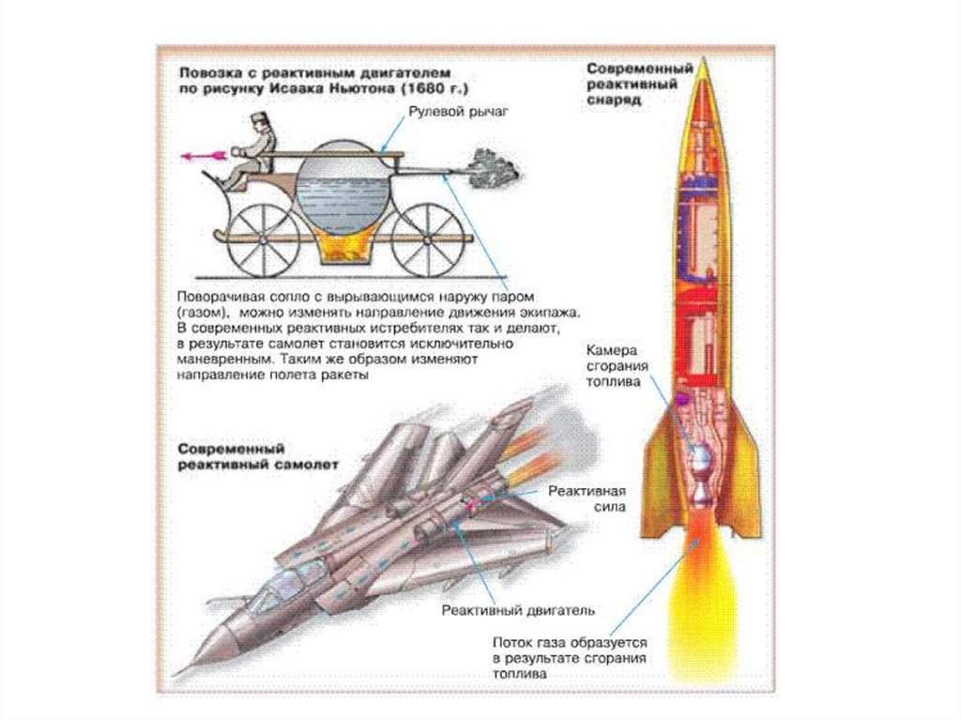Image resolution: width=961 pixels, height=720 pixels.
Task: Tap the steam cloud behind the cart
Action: pyautogui.click(x=496, y=166)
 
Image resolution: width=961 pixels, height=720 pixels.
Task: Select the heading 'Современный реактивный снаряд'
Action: pyautogui.click(x=626, y=84)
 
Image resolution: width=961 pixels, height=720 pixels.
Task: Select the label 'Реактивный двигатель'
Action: pyautogui.click(x=519, y=609)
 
